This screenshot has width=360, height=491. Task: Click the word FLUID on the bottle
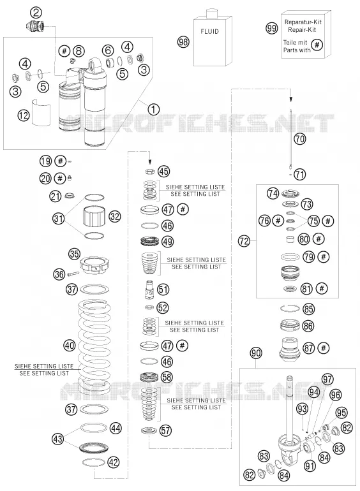coord(209,31)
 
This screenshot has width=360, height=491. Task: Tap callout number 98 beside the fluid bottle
coord(183,41)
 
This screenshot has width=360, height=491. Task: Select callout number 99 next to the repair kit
coord(272,28)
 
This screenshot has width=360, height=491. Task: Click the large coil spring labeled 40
coord(94,348)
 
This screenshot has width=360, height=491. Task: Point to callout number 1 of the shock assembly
coord(153,109)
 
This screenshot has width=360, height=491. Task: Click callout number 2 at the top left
coord(36,13)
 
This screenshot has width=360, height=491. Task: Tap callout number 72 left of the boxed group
coord(244,241)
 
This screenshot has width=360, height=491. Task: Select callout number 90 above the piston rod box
coord(256,353)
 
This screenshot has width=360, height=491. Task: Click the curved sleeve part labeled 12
coord(42,113)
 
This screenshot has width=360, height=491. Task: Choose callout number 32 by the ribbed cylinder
coord(115,216)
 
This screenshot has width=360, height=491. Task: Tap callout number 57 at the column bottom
coord(165,430)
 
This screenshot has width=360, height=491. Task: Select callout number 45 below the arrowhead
coord(163,172)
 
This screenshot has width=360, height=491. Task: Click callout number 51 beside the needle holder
coord(163,289)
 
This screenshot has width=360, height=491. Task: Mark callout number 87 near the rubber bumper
coord(308,348)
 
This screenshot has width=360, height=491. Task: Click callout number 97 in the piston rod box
coord(327,379)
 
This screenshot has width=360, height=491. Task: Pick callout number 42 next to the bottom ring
coord(114,462)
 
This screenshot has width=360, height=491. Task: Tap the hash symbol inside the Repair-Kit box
coord(317,45)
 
